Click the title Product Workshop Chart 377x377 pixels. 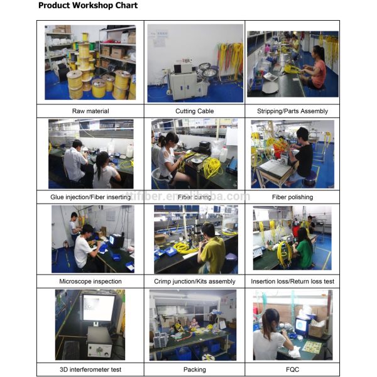[88, 5]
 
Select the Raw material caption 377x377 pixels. [90, 111]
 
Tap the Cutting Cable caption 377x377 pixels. [195, 111]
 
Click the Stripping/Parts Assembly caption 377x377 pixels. [292, 111]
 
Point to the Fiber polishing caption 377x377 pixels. [292, 197]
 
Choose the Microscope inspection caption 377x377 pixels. [90, 281]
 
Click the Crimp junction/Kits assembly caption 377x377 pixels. [195, 281]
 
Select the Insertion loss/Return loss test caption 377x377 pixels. [292, 281]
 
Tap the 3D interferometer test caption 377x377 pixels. [90, 369]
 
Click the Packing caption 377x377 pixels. [195, 369]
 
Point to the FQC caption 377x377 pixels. [292, 369]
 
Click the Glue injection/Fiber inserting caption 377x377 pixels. [90, 197]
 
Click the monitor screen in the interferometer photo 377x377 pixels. [99, 308]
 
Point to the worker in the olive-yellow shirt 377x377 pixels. [211, 249]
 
